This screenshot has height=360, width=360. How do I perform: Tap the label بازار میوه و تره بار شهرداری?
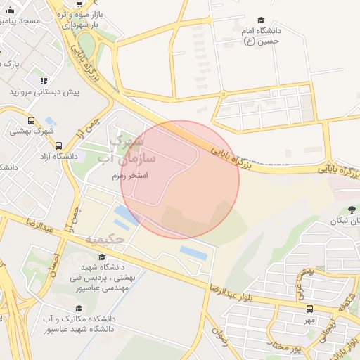click(x=80, y=20)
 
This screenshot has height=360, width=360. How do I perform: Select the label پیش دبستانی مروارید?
click(x=44, y=92)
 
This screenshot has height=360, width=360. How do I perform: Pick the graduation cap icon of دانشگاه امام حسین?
click(x=261, y=21)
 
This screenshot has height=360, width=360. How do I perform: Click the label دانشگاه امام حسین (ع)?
click(x=261, y=37)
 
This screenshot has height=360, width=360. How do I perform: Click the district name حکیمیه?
click(x=105, y=240)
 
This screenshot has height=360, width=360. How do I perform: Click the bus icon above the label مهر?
click(x=309, y=309)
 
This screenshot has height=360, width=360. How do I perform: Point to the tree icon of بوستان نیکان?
click(x=351, y=210)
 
